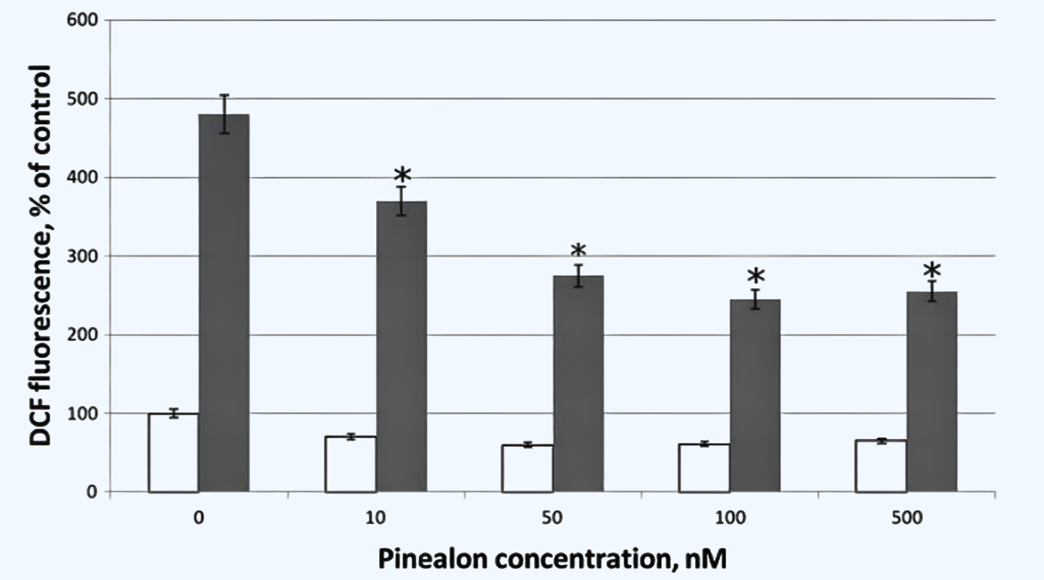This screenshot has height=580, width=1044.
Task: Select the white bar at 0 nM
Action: tap(173, 452)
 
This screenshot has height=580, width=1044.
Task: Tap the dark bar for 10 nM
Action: tap(401, 347)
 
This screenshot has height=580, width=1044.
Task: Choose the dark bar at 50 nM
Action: tap(578, 384)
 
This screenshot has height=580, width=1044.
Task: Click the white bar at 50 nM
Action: tap(527, 468)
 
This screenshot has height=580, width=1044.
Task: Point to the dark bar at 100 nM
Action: tap(755, 395)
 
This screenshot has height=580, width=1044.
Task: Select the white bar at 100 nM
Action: tap(704, 468)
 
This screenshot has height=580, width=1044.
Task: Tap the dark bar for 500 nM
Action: tap(932, 392)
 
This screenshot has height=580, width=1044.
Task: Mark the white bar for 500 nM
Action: tap(881, 466)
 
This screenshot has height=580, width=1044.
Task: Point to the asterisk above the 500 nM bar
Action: tap(932, 271)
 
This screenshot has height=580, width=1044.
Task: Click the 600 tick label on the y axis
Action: tap(83, 20)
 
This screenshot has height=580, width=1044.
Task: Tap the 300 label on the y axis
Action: tap(83, 256)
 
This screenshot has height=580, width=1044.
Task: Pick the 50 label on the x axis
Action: tap(552, 518)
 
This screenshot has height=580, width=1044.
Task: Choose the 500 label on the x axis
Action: tap(907, 518)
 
